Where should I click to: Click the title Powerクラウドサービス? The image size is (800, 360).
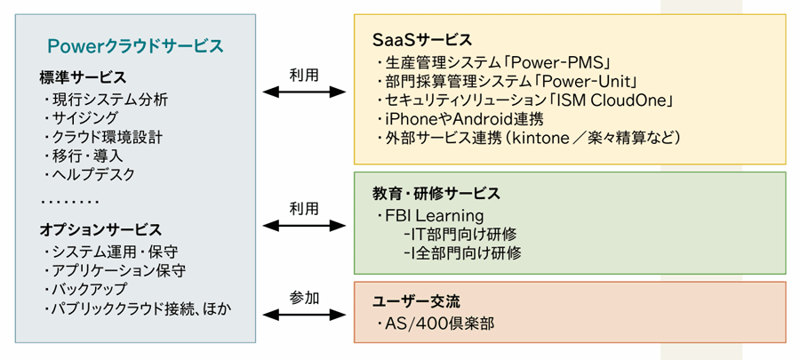[135, 45]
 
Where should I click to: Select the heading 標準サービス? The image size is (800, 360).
[83, 77]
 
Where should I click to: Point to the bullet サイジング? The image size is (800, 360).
[85, 117]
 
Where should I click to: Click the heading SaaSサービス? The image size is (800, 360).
[422, 40]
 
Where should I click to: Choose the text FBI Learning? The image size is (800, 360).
[435, 216]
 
